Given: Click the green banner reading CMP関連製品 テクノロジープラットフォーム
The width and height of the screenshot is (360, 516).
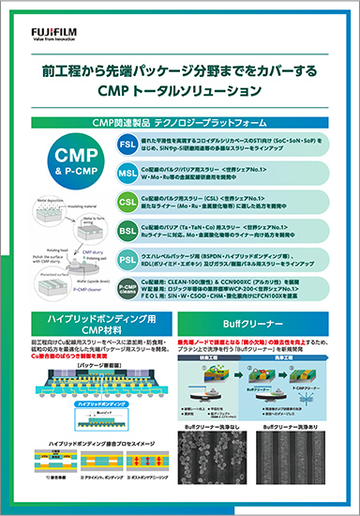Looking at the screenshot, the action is [179, 122].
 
